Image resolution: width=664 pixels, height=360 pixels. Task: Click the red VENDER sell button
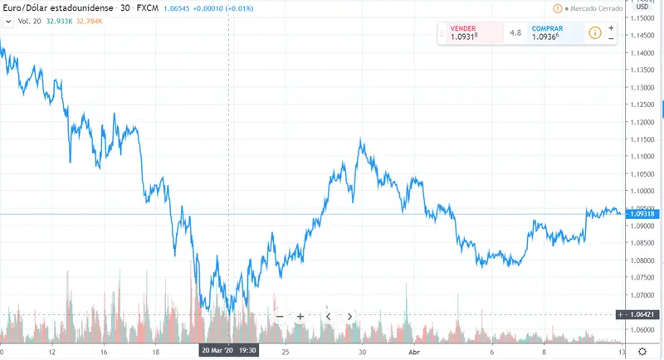tap(470, 33)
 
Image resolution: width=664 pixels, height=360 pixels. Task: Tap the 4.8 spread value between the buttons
tap(515, 33)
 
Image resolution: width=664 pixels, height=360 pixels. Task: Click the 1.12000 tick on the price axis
tap(642, 122)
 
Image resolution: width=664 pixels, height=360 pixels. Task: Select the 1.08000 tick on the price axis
tap(642, 260)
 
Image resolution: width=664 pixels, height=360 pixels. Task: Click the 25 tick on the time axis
tap(284, 351)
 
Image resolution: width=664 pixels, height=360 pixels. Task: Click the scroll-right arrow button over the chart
tap(350, 316)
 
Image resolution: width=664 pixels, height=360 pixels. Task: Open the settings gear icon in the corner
tap(642, 351)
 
